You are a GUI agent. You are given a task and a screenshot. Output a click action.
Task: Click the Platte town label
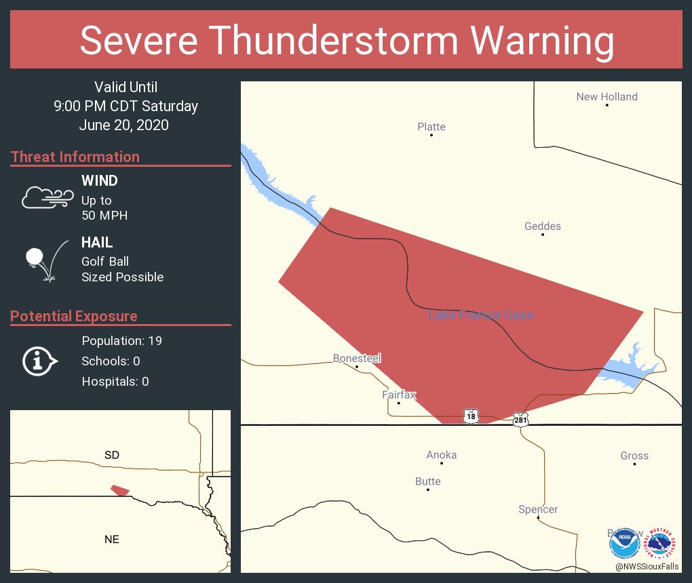click(x=431, y=127)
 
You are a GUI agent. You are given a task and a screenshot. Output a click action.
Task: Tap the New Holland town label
click(x=607, y=97)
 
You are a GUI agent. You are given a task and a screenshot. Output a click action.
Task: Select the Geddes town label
click(x=542, y=226)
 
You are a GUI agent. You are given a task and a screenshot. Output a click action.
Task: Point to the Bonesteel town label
click(x=357, y=358)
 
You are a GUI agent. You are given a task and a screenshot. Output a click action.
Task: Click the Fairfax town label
click(x=398, y=395)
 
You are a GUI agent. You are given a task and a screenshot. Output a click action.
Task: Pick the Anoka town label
click(x=441, y=455)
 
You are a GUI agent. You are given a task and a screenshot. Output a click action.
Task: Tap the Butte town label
click(x=427, y=481)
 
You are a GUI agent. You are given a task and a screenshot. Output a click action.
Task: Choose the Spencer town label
click(x=538, y=509)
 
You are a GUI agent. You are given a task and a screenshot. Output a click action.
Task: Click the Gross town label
click(x=634, y=456)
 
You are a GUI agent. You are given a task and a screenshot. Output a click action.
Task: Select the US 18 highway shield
click(x=471, y=416)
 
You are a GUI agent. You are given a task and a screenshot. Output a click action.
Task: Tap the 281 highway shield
click(x=520, y=419)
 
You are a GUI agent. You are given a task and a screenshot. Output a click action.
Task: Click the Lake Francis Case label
click(x=480, y=315)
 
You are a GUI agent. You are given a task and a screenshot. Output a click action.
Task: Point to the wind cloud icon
click(x=47, y=197)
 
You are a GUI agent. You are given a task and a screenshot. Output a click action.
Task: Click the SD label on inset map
click(x=112, y=455)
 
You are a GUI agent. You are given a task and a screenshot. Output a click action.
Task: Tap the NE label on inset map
click(x=112, y=539)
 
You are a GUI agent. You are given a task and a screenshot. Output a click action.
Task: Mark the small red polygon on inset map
click(x=120, y=489)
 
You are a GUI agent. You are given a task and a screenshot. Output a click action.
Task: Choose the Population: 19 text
click(x=121, y=340)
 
